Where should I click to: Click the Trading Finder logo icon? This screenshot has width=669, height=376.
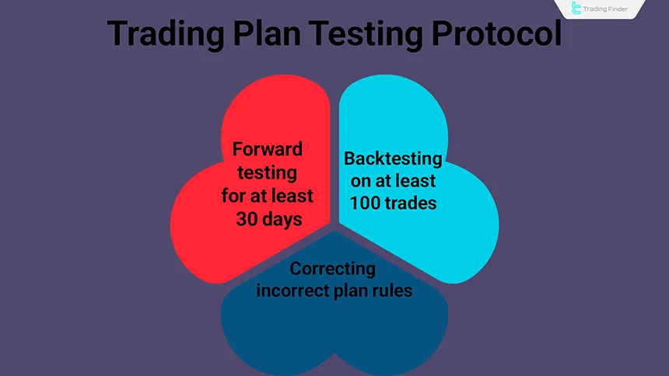coord(576,9)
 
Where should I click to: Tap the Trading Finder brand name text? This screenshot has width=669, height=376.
coord(614,9)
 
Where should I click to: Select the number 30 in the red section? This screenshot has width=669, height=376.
coord(247,219)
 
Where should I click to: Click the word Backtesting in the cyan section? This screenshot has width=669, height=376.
coord(393,159)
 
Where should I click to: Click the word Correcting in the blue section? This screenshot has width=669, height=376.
coord(333,270)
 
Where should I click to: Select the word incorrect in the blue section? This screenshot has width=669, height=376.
coord(299,291)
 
